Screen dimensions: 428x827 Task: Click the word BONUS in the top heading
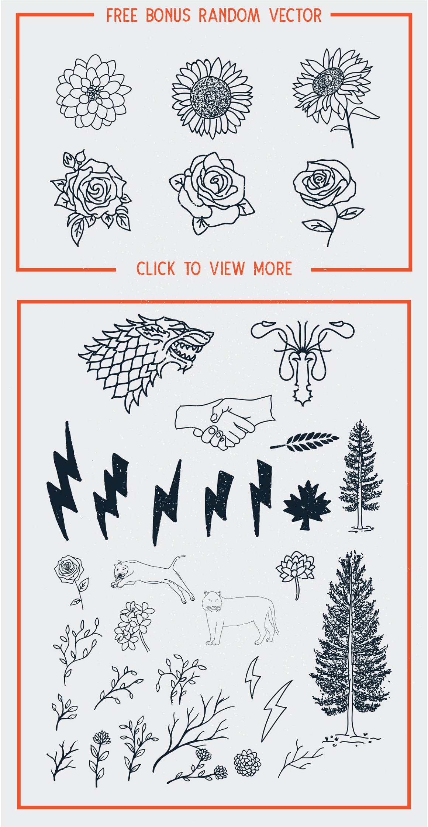pos(168,15)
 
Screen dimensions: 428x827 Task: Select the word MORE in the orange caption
pos(273,268)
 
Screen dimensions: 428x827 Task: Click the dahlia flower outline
pos(93,92)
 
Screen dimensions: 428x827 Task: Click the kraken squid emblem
pos(303,359)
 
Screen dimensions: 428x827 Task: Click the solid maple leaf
pos(307,505)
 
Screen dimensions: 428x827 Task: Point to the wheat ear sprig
pos(305,441)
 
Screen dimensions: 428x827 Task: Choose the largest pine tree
pos(351,649)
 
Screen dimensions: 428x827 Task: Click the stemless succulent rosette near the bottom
pos(247,762)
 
